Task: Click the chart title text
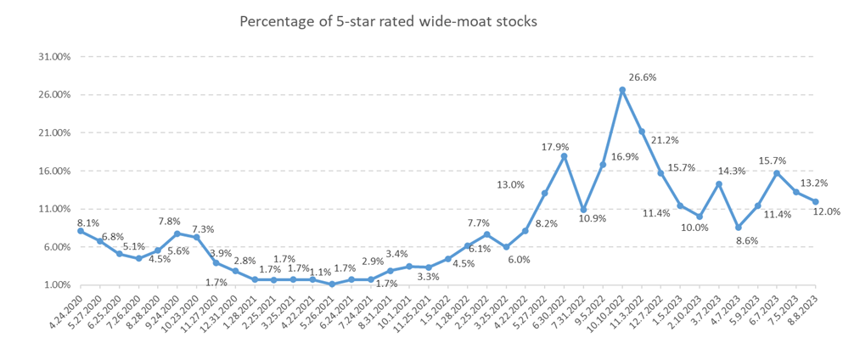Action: [x=389, y=21]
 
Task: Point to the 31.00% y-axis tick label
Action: [x=50, y=57]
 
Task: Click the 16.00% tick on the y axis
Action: [x=50, y=171]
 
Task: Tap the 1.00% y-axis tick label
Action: [x=53, y=285]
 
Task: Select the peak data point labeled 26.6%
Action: [x=622, y=90]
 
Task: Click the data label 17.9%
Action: [x=554, y=148]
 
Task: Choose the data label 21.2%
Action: [x=665, y=140]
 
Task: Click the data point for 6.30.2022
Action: [x=564, y=156]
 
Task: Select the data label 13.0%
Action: [x=510, y=185]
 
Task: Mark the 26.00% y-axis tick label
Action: [x=50, y=95]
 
